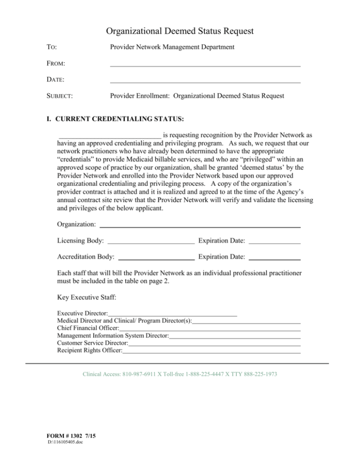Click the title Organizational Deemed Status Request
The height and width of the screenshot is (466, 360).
tap(180, 31)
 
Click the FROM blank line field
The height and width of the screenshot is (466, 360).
tap(205, 64)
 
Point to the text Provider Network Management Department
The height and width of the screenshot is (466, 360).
tap(172, 47)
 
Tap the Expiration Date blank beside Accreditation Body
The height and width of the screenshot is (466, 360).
tap(274, 257)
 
